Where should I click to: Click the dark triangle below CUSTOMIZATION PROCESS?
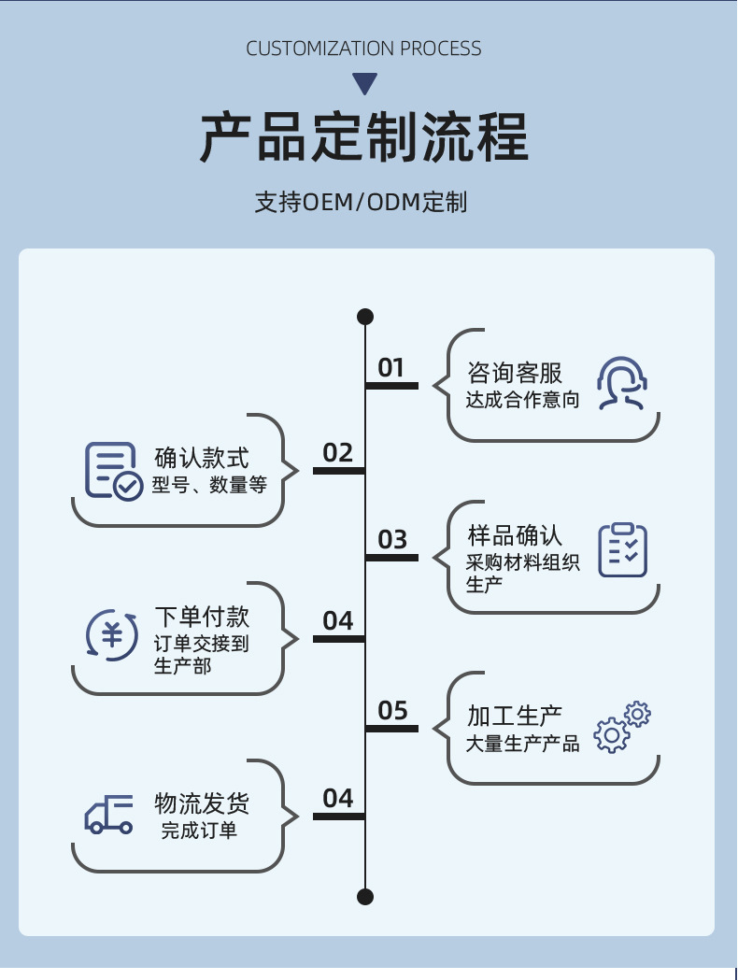tap(365, 83)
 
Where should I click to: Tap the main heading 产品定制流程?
tap(364, 138)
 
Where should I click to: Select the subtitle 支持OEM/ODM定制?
tap(361, 202)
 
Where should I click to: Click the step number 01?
tap(390, 368)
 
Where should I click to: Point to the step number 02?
tap(337, 453)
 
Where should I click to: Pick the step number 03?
tap(392, 540)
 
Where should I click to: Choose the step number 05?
tap(392, 711)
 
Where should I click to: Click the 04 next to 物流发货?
tap(337, 799)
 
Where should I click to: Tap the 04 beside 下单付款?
tap(337, 621)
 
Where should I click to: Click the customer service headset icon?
tap(622, 383)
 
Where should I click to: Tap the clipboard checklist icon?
tap(622, 549)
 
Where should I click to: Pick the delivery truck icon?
tap(109, 815)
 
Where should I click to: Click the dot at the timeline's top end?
tap(365, 317)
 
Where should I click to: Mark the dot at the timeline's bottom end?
tap(365, 897)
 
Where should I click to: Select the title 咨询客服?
tap(515, 374)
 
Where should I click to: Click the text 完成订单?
tap(199, 831)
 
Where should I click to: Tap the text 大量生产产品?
tap(522, 744)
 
